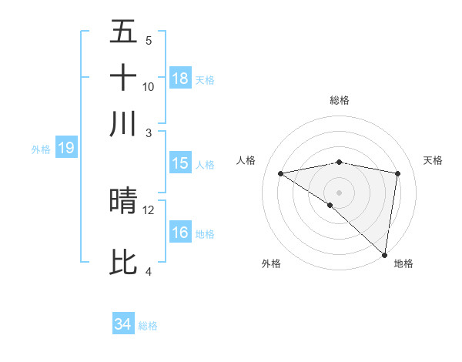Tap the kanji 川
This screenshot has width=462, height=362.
pyautogui.click(x=123, y=122)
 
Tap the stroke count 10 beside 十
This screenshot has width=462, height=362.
pyautogui.click(x=149, y=86)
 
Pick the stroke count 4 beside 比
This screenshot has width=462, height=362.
pyautogui.click(x=149, y=271)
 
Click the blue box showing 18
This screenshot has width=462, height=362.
pyautogui.click(x=180, y=79)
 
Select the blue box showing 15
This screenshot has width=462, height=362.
pyautogui.click(x=180, y=163)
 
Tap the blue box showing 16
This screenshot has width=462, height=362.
pyautogui.click(x=180, y=233)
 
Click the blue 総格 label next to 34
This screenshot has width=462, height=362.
pyautogui.click(x=148, y=326)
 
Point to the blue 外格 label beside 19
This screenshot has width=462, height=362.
pyautogui.click(x=41, y=149)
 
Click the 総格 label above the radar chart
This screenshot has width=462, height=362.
pyautogui.click(x=340, y=100)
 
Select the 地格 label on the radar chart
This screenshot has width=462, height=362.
pyautogui.click(x=403, y=263)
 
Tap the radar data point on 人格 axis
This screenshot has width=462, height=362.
pyautogui.click(x=281, y=173)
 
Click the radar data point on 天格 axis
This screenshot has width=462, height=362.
pyautogui.click(x=398, y=173)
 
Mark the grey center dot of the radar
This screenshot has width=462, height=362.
pyautogui.click(x=340, y=191)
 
